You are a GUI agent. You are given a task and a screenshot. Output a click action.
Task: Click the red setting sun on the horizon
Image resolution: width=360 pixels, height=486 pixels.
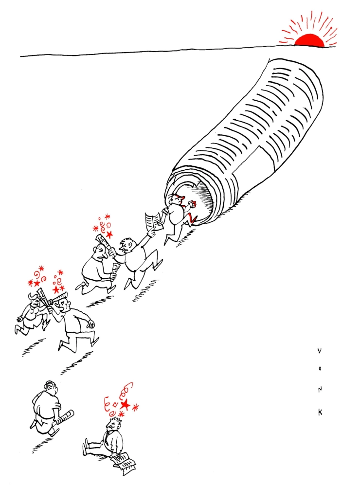click(x=309, y=41)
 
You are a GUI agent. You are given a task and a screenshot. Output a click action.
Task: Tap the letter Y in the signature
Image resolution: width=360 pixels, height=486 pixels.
click(x=320, y=350)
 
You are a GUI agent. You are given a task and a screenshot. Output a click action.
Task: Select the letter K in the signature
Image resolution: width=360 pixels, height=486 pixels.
click(x=320, y=412)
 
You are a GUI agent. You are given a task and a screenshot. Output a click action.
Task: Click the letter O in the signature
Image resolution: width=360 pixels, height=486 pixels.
click(x=320, y=370)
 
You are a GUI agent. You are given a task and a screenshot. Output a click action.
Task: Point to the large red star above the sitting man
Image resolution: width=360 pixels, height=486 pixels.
click(x=126, y=404)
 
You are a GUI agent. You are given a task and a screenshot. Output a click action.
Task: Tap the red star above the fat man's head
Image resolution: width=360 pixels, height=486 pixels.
click(x=109, y=234)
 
